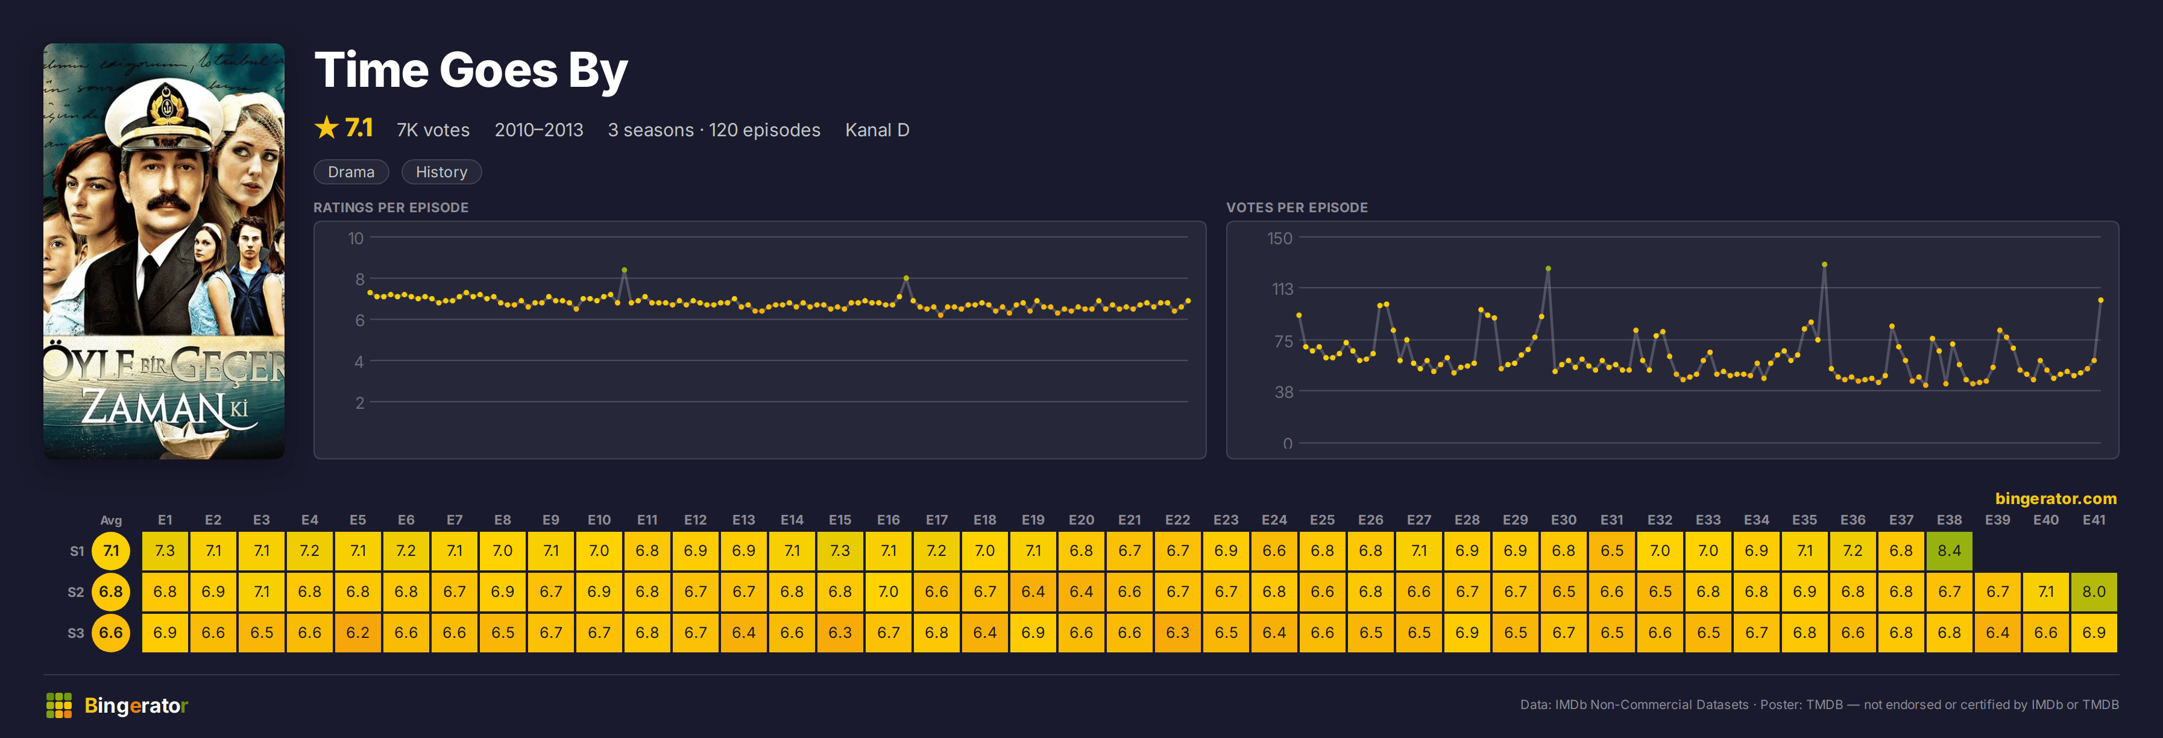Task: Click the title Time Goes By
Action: point(470,70)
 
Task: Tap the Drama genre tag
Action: point(351,172)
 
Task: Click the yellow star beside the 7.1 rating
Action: point(326,128)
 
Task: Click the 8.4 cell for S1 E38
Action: point(1949,550)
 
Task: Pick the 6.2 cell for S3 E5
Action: point(357,633)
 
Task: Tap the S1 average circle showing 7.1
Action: point(111,550)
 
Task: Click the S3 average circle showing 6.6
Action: point(111,633)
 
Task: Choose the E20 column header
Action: point(1081,520)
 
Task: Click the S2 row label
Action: point(75,592)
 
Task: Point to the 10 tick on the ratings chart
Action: point(356,238)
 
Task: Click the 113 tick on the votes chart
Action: point(1282,289)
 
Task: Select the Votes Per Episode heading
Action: point(1297,207)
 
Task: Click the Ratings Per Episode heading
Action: point(391,207)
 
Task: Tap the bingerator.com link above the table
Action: point(2056,499)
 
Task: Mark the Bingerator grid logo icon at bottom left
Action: point(59,705)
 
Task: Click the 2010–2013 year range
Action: point(538,130)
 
